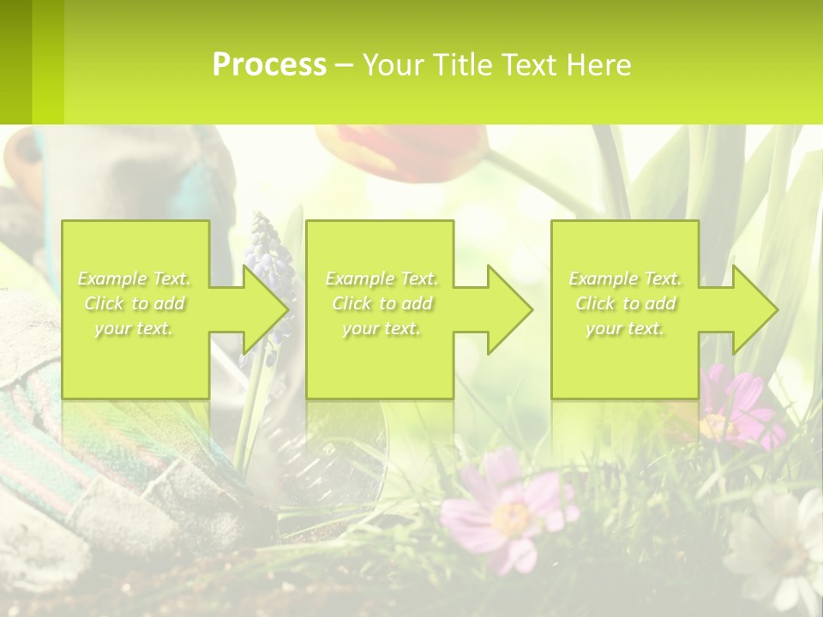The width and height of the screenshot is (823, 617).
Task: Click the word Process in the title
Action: click(x=269, y=65)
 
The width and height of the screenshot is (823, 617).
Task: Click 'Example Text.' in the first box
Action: click(x=135, y=279)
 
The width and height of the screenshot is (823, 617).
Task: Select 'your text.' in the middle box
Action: click(x=381, y=328)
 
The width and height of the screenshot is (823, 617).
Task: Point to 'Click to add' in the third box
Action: click(x=626, y=303)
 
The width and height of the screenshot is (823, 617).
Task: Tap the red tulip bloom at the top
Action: click(x=403, y=150)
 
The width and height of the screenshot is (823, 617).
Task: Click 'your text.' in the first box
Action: click(x=135, y=328)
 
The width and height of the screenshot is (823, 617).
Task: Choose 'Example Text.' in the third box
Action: click(x=626, y=279)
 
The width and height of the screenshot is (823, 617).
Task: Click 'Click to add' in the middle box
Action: click(x=381, y=303)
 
